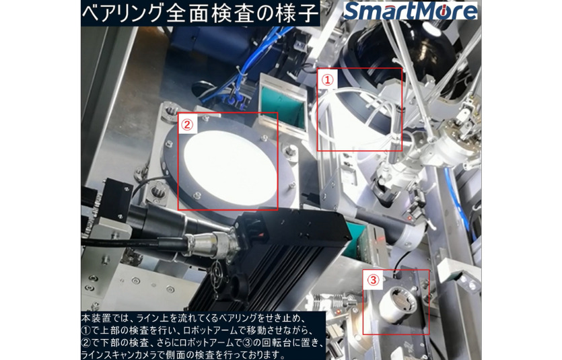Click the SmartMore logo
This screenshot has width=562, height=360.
(410, 11)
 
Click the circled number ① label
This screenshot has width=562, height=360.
(327, 79)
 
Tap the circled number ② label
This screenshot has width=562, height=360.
(186, 124)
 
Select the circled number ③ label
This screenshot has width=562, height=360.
(373, 279)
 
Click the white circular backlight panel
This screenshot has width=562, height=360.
(230, 168)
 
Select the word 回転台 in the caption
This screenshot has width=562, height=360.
(275, 342)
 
